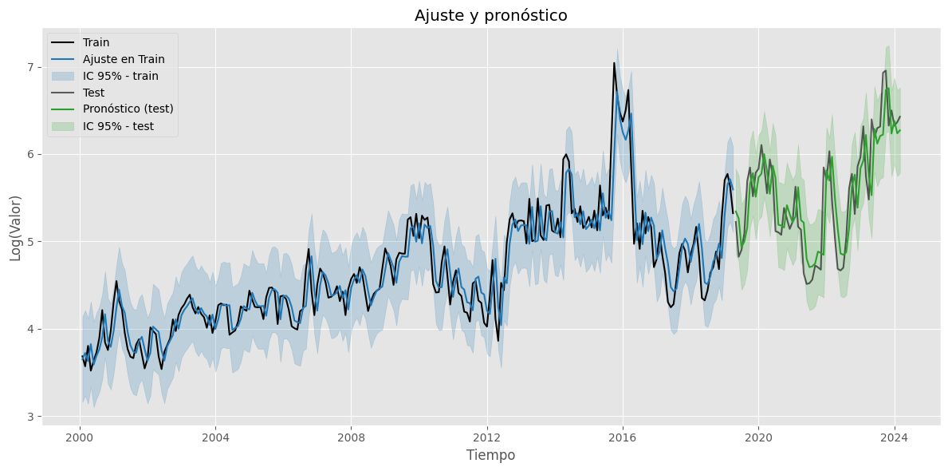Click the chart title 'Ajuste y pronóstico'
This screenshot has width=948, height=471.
(x=490, y=15)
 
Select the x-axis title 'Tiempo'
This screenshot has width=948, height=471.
(x=490, y=455)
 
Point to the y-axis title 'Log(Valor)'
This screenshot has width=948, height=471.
(x=15, y=228)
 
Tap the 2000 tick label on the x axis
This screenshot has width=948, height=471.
(x=80, y=437)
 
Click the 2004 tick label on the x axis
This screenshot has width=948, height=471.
(x=215, y=437)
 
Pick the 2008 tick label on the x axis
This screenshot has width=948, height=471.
(x=351, y=437)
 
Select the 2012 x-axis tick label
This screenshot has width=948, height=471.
(x=487, y=437)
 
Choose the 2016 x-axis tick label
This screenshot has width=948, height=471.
(x=623, y=437)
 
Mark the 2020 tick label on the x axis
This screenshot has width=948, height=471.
(x=758, y=437)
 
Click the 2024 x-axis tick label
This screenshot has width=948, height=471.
(x=894, y=437)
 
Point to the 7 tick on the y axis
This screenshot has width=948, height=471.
(x=31, y=67)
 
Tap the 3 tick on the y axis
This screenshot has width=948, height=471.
(x=31, y=417)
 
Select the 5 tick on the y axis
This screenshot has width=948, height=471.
(x=31, y=242)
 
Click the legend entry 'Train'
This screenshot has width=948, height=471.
(x=96, y=42)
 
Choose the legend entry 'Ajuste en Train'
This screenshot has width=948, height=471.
(x=124, y=59)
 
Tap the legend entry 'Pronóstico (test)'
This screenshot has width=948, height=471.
(x=128, y=109)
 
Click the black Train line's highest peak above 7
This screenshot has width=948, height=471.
(x=614, y=63)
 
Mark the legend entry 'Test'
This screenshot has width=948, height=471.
(x=93, y=93)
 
